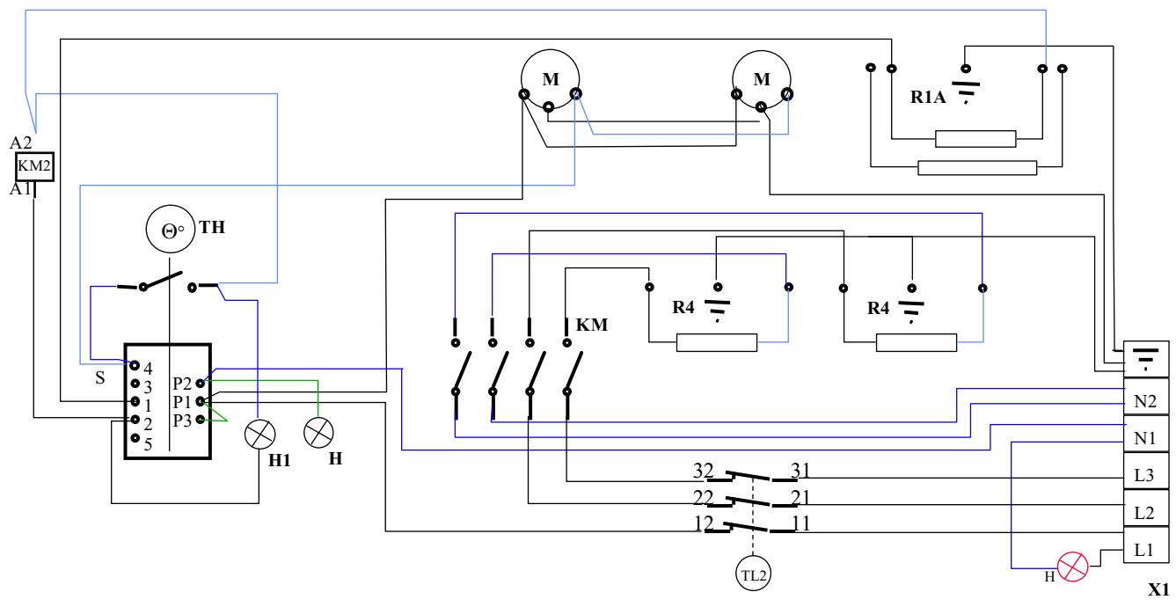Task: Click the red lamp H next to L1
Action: pos(1072,567)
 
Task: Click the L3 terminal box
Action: pos(1145,475)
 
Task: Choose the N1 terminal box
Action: pos(1145,436)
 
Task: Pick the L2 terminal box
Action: pos(1145,513)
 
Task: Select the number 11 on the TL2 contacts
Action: pos(800,524)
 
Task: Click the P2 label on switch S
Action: pos(183,384)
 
